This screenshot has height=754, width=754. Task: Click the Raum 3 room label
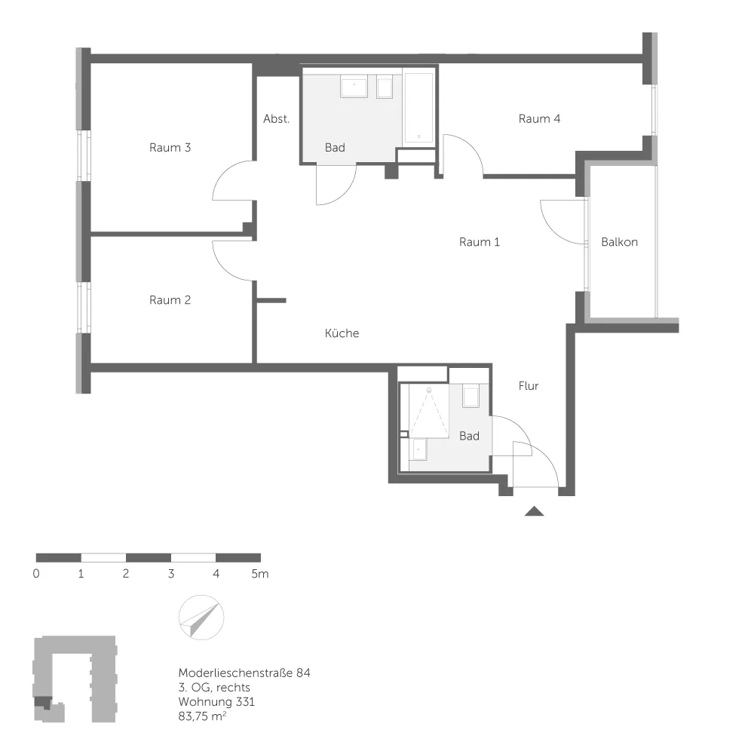coord(170,148)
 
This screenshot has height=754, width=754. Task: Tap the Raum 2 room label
coord(170,300)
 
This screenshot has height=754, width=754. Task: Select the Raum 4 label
coord(539,119)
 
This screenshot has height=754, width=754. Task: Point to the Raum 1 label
coord(480,242)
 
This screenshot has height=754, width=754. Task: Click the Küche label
coord(342,333)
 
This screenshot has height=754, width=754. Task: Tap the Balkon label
coord(619,242)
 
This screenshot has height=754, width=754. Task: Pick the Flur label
coord(529,385)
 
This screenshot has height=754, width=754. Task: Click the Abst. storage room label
coord(277,119)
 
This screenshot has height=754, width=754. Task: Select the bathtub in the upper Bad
coord(418,108)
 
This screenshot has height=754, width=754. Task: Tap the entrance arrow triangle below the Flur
coord(534,511)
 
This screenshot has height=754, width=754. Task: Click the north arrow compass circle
coord(201,618)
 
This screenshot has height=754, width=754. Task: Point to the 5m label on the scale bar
coord(259,574)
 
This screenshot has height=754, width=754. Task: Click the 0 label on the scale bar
coord(36,574)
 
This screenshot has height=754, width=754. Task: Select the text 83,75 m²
coord(202,716)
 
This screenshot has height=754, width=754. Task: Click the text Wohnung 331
coord(216,701)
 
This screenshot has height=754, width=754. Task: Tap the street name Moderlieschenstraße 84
coord(244,673)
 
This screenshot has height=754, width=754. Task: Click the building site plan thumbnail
coord(75,679)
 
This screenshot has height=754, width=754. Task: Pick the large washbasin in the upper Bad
coord(354,86)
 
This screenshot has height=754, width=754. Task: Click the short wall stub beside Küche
coord(271,301)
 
